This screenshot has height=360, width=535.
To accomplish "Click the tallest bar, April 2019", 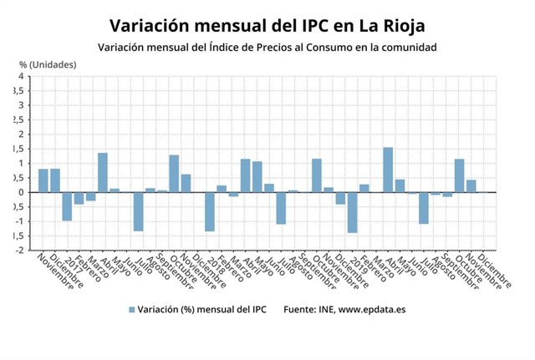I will pos(388,170).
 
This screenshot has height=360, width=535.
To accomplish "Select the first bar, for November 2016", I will pos(43,180).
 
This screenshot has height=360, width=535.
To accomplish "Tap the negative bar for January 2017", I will pos(67,206).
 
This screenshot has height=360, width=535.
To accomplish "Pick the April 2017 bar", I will pos(103,172).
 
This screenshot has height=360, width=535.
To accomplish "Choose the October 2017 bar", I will pos(174,174).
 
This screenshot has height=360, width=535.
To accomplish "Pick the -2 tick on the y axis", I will pos(18,250).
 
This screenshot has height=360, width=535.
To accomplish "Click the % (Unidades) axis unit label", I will pos(48,63).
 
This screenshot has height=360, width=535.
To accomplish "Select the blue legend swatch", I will pos(131,309).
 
